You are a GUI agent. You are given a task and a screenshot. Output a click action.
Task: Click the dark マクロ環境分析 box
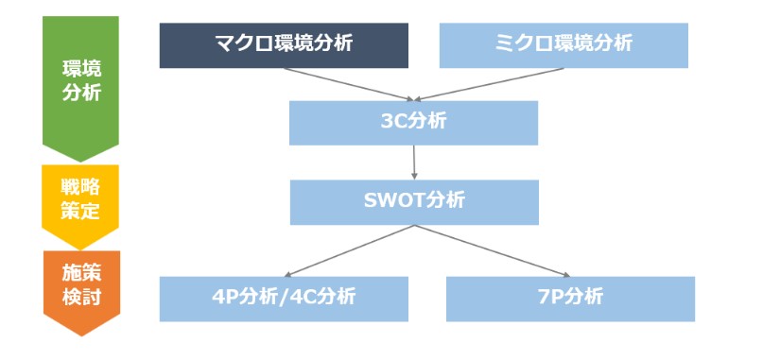[x=284, y=45]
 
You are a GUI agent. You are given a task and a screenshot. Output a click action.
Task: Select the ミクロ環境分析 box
[x=564, y=45]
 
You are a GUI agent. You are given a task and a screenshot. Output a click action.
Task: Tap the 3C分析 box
[x=413, y=123]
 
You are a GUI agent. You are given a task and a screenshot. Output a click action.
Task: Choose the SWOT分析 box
[x=413, y=201]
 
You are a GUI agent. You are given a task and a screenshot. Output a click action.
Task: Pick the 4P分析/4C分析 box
[x=284, y=298]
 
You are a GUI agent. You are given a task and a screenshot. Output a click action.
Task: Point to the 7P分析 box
[x=569, y=298]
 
